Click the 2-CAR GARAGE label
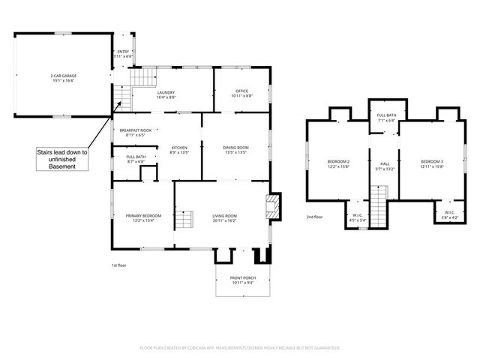click(64, 78)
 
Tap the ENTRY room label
click(123, 54)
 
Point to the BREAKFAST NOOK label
click(136, 133)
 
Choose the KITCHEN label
click(178, 150)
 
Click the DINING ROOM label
click(235, 150)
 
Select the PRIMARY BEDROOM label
click(143, 218)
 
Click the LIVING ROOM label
click(224, 218)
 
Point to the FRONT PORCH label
click(242, 280)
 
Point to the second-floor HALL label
click(385, 166)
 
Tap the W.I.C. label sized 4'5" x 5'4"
click(358, 218)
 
